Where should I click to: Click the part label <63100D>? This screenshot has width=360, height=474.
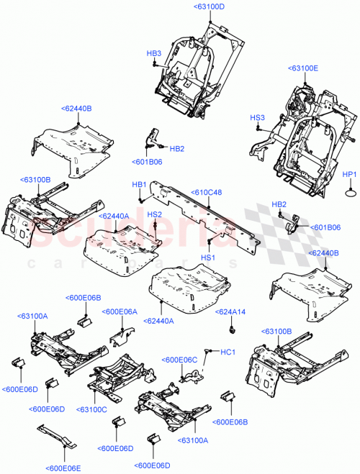pos(209,6)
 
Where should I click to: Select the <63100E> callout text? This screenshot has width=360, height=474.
pos(302,68)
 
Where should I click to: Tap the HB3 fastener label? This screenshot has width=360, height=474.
pos(154,53)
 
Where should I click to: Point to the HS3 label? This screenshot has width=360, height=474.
pos(257,117)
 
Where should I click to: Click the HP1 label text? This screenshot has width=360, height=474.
pos(349,175)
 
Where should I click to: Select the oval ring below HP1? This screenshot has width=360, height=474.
pos(349,193)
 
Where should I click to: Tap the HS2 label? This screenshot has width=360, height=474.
pos(154,214)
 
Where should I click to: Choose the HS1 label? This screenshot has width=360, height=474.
pos(208,257)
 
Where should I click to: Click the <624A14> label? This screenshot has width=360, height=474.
pos(230,312)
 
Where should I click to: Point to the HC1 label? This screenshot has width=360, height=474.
pos(228,352)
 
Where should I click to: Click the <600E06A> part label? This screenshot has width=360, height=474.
pos(119,311)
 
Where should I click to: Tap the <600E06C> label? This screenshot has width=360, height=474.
pos(179,360)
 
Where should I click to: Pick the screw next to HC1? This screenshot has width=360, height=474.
pos(209,350)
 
